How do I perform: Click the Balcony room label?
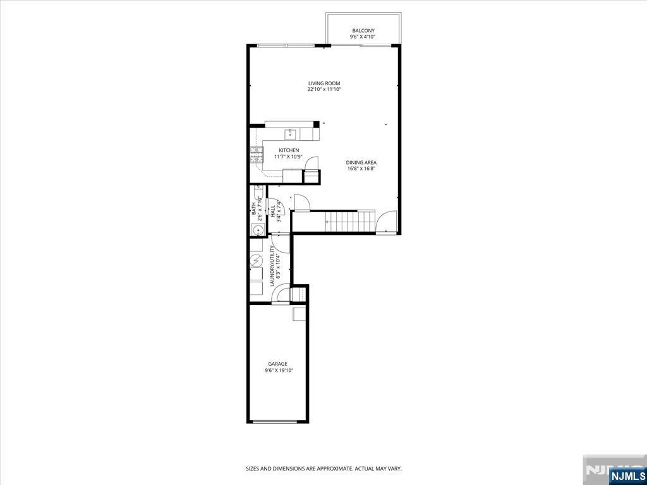point(363,31)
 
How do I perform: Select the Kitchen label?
point(289,150)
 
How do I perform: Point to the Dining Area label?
point(361,162)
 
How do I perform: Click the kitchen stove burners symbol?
point(257,155)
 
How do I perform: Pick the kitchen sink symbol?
point(291,133)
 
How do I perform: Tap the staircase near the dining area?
point(350,222)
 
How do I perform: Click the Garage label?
point(278,364)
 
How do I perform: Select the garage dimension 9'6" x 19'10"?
point(279,370)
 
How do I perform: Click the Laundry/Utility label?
point(272,266)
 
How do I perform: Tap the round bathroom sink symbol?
point(256,229)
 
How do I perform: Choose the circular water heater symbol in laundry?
point(257,260)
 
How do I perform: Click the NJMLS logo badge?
point(627,476)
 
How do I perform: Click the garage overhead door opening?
point(275,421)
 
